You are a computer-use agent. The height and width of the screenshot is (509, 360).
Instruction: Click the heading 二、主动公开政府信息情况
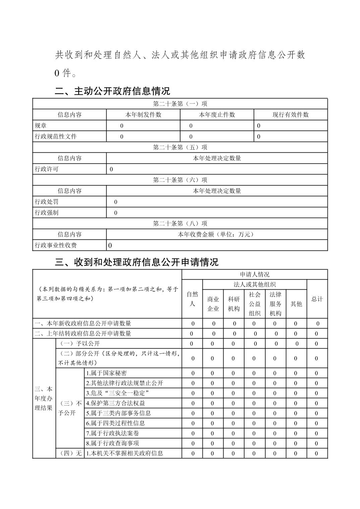tap(112, 91)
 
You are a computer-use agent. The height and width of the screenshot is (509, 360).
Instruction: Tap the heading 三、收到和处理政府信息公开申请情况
tap(136, 262)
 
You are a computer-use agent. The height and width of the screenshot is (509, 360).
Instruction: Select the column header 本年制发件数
tap(143, 115)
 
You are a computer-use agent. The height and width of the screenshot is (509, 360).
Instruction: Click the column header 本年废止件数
tap(217, 115)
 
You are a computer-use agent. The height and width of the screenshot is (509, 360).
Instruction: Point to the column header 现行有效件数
tap(291, 115)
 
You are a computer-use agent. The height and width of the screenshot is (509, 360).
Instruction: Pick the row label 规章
tap(41, 126)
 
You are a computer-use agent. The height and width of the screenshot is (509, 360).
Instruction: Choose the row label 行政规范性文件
tap(56, 136)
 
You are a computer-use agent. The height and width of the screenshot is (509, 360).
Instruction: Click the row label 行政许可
tap(47, 169)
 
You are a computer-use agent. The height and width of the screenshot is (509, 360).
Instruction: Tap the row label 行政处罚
tap(47, 202)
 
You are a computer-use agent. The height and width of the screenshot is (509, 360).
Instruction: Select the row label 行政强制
tap(47, 213)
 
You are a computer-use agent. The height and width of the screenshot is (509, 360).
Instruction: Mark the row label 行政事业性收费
tap(56, 245)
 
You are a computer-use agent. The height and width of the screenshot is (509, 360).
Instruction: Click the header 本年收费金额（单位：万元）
tap(217, 234)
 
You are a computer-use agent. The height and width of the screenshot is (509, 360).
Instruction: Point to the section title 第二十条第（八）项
tap(180, 223)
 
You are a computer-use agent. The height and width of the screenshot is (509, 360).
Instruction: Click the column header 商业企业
tap(213, 304)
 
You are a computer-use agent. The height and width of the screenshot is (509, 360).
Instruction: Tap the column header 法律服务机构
tap(276, 304)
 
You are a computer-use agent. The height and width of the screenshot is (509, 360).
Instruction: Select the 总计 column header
tap(317, 299)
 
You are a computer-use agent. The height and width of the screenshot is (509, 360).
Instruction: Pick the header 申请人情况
tap(255, 275)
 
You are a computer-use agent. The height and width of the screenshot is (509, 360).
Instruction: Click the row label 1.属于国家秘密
tap(107, 373)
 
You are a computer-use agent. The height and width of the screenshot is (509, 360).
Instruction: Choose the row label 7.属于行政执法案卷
tap(112, 433)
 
